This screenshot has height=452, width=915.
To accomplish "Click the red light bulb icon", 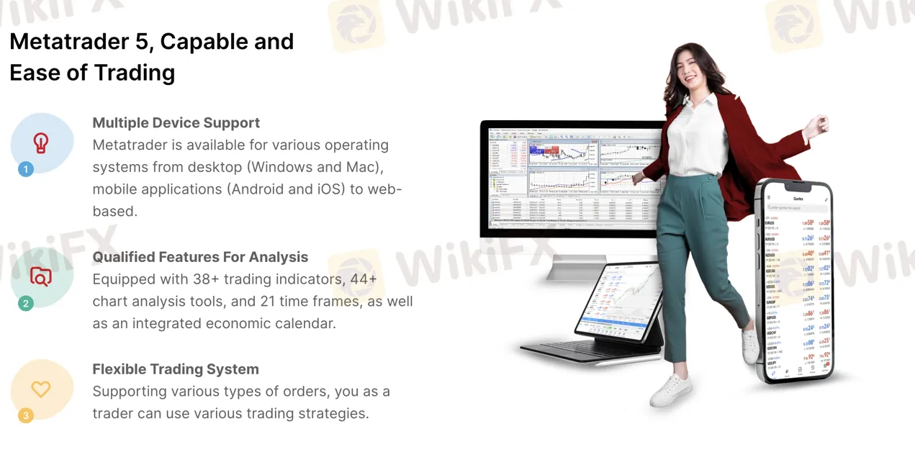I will pyautogui.click(x=41, y=143).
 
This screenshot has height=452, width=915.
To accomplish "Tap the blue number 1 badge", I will pyautogui.click(x=26, y=170).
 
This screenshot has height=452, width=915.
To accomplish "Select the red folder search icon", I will pyautogui.click(x=41, y=276).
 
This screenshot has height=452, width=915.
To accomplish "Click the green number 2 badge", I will pyautogui.click(x=26, y=304).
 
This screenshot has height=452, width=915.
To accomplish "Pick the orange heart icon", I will pyautogui.click(x=41, y=389).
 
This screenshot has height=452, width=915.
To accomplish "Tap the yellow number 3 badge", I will pyautogui.click(x=26, y=415).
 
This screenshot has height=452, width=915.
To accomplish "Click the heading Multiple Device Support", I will pyautogui.click(x=176, y=123).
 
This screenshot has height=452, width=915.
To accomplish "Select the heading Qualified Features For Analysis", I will pyautogui.click(x=200, y=257).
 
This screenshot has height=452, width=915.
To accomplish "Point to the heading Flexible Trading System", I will pyautogui.click(x=176, y=369).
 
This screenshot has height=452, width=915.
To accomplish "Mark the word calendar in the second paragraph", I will pyautogui.click(x=305, y=324).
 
